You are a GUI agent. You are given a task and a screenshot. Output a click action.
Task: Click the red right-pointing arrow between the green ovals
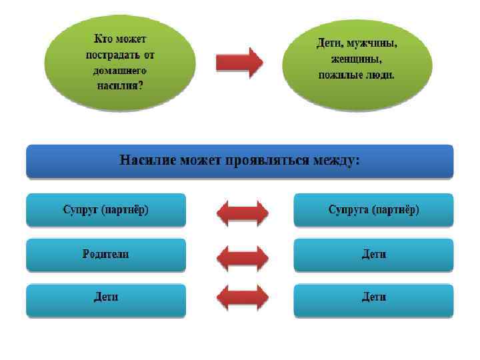[239, 63]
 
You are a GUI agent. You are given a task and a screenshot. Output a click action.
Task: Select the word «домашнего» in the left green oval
[120, 71]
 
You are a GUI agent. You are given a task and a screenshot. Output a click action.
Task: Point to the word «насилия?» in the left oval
[120, 85]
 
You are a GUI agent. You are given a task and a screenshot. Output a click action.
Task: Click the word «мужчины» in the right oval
[371, 44]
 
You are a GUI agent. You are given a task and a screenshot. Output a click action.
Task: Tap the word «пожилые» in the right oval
[341, 75]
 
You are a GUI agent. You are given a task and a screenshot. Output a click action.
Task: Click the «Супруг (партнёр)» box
[106, 210]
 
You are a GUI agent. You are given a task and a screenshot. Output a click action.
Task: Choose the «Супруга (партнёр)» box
[373, 210]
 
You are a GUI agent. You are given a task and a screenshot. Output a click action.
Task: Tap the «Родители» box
[106, 254]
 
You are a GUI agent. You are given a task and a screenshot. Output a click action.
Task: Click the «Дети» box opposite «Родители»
[373, 254]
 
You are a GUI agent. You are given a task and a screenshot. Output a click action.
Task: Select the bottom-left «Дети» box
[106, 297]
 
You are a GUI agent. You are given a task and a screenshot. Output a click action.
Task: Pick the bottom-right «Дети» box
[373, 297]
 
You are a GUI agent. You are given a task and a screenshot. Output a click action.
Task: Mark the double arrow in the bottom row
[243, 298]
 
